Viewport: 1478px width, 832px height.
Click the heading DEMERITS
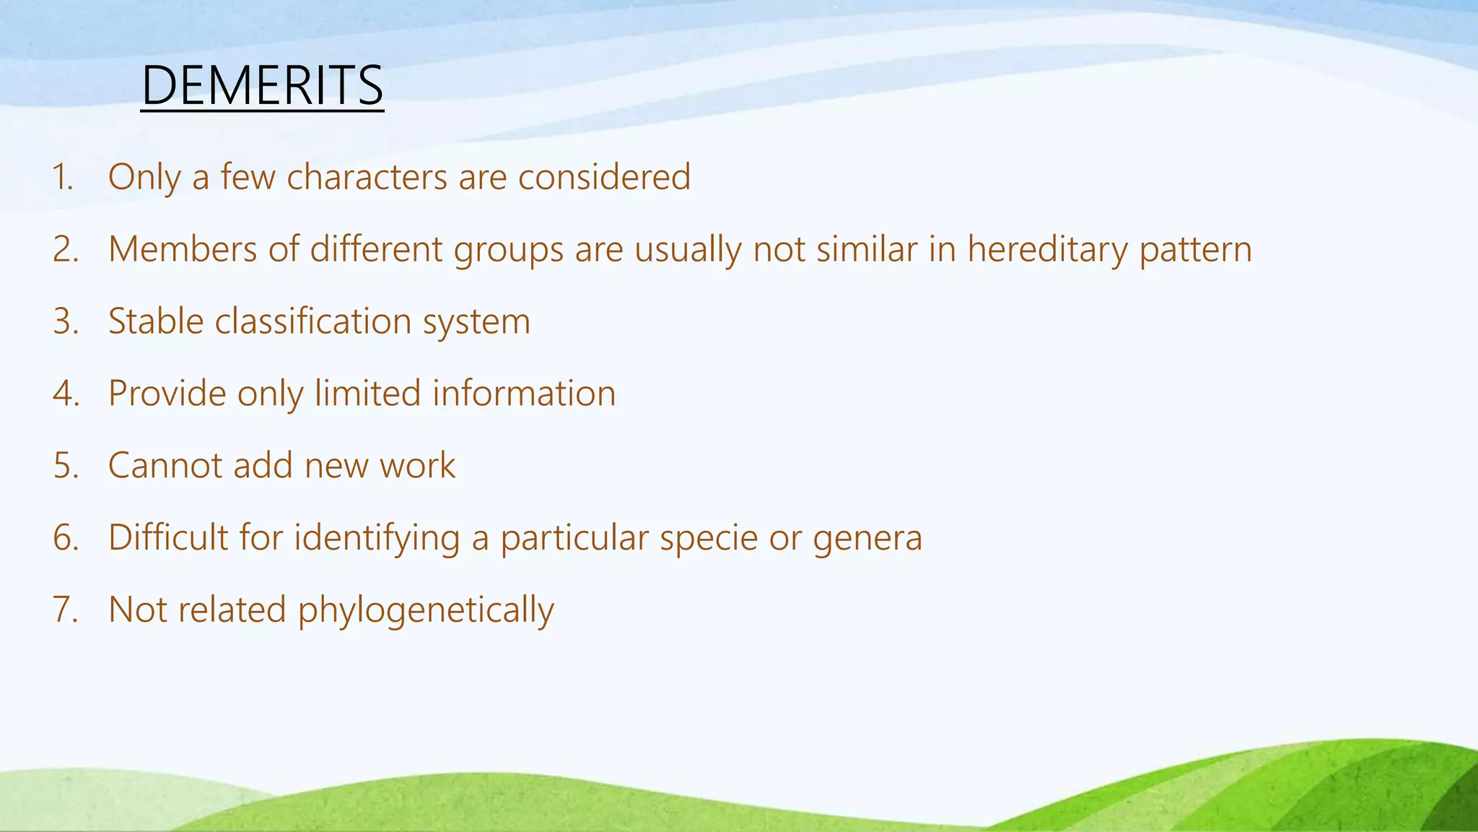pyautogui.click(x=262, y=86)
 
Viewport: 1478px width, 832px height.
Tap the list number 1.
pyautogui.click(x=63, y=177)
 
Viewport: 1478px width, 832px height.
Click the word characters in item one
pyautogui.click(x=367, y=177)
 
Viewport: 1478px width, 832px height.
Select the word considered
pyautogui.click(x=604, y=177)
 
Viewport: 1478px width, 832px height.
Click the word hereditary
pyautogui.click(x=1047, y=249)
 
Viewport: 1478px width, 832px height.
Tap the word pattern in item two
pyautogui.click(x=1195, y=251)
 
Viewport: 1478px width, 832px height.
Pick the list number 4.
pyautogui.click(x=65, y=394)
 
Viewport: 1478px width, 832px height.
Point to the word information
pyautogui.click(x=524, y=394)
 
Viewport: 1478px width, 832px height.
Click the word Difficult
pyautogui.click(x=168, y=538)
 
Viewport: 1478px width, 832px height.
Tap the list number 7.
pyautogui.click(x=65, y=610)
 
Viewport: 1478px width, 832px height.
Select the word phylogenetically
pyautogui.click(x=426, y=611)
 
